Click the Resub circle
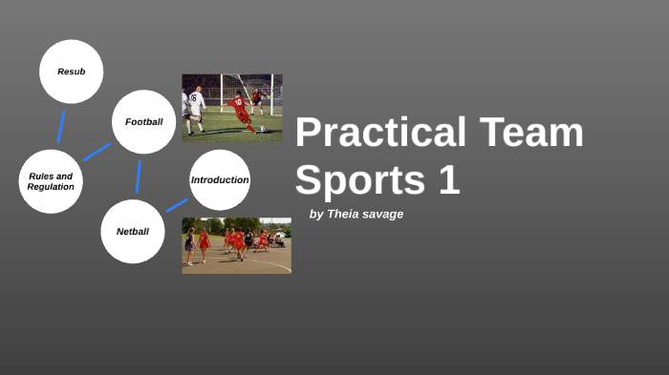click(x=71, y=72)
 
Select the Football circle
click(x=144, y=122)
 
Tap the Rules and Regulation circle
click(x=51, y=181)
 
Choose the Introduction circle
click(x=220, y=179)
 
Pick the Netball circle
click(x=133, y=231)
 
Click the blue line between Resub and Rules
click(x=61, y=127)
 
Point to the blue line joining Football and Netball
click(x=139, y=177)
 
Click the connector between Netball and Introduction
click(x=177, y=205)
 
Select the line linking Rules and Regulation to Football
click(x=97, y=152)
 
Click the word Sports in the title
click(x=361, y=180)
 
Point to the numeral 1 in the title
click(x=449, y=180)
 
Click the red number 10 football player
click(x=240, y=111)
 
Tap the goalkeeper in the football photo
click(x=256, y=96)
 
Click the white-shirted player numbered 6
click(x=197, y=107)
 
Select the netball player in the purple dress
click(x=189, y=244)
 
